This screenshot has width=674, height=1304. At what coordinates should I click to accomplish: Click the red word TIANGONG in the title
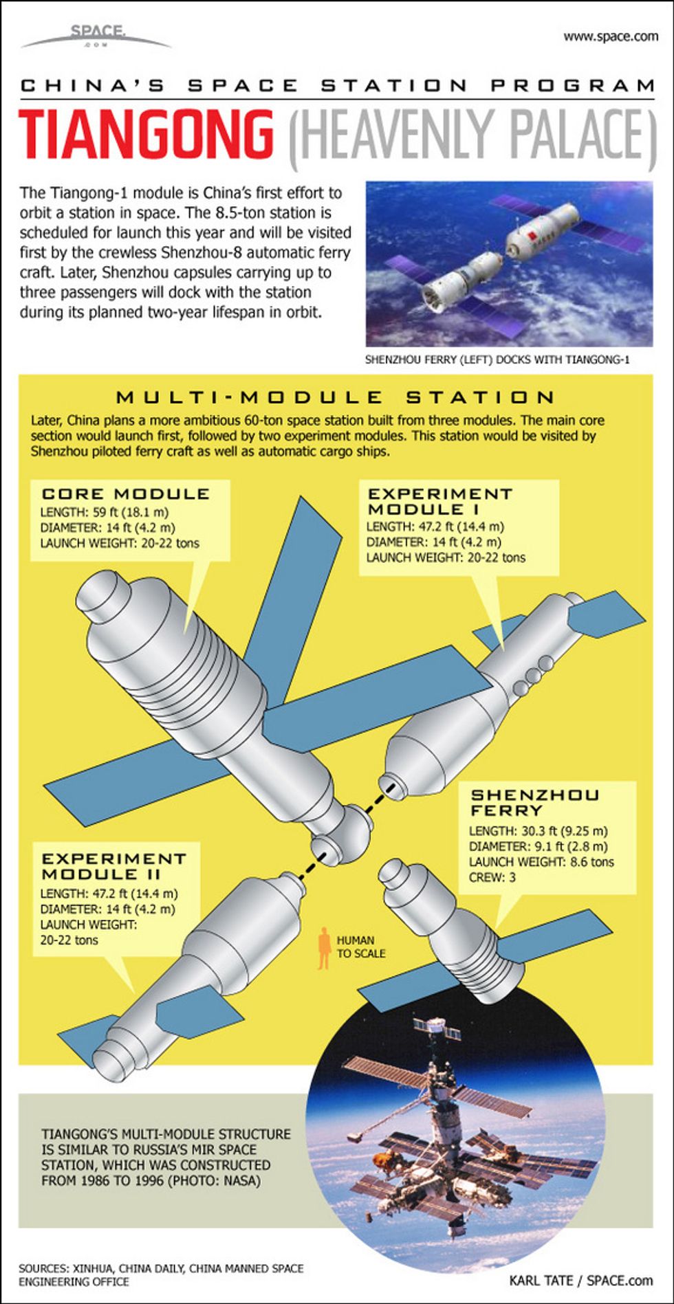point(146,136)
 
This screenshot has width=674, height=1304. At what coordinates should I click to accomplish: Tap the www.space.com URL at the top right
point(611,36)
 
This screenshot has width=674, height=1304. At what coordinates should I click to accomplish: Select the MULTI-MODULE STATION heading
point(336,397)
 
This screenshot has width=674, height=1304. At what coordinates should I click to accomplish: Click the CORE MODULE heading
point(126,494)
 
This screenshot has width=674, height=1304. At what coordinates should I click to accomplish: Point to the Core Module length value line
point(105,512)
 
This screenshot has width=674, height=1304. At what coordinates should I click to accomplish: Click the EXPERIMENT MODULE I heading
point(440,501)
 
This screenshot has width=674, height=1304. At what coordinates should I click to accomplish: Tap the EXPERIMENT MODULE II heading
point(114,866)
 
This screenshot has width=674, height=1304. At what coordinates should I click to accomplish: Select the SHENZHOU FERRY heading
point(535,803)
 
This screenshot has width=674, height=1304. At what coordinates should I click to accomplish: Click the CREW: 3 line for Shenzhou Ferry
point(492,878)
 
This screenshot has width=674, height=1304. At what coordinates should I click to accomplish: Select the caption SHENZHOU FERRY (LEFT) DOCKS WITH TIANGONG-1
point(497,360)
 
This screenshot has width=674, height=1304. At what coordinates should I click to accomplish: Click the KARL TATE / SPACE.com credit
point(581,1280)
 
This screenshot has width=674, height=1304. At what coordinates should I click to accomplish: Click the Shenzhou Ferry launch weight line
point(541,862)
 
